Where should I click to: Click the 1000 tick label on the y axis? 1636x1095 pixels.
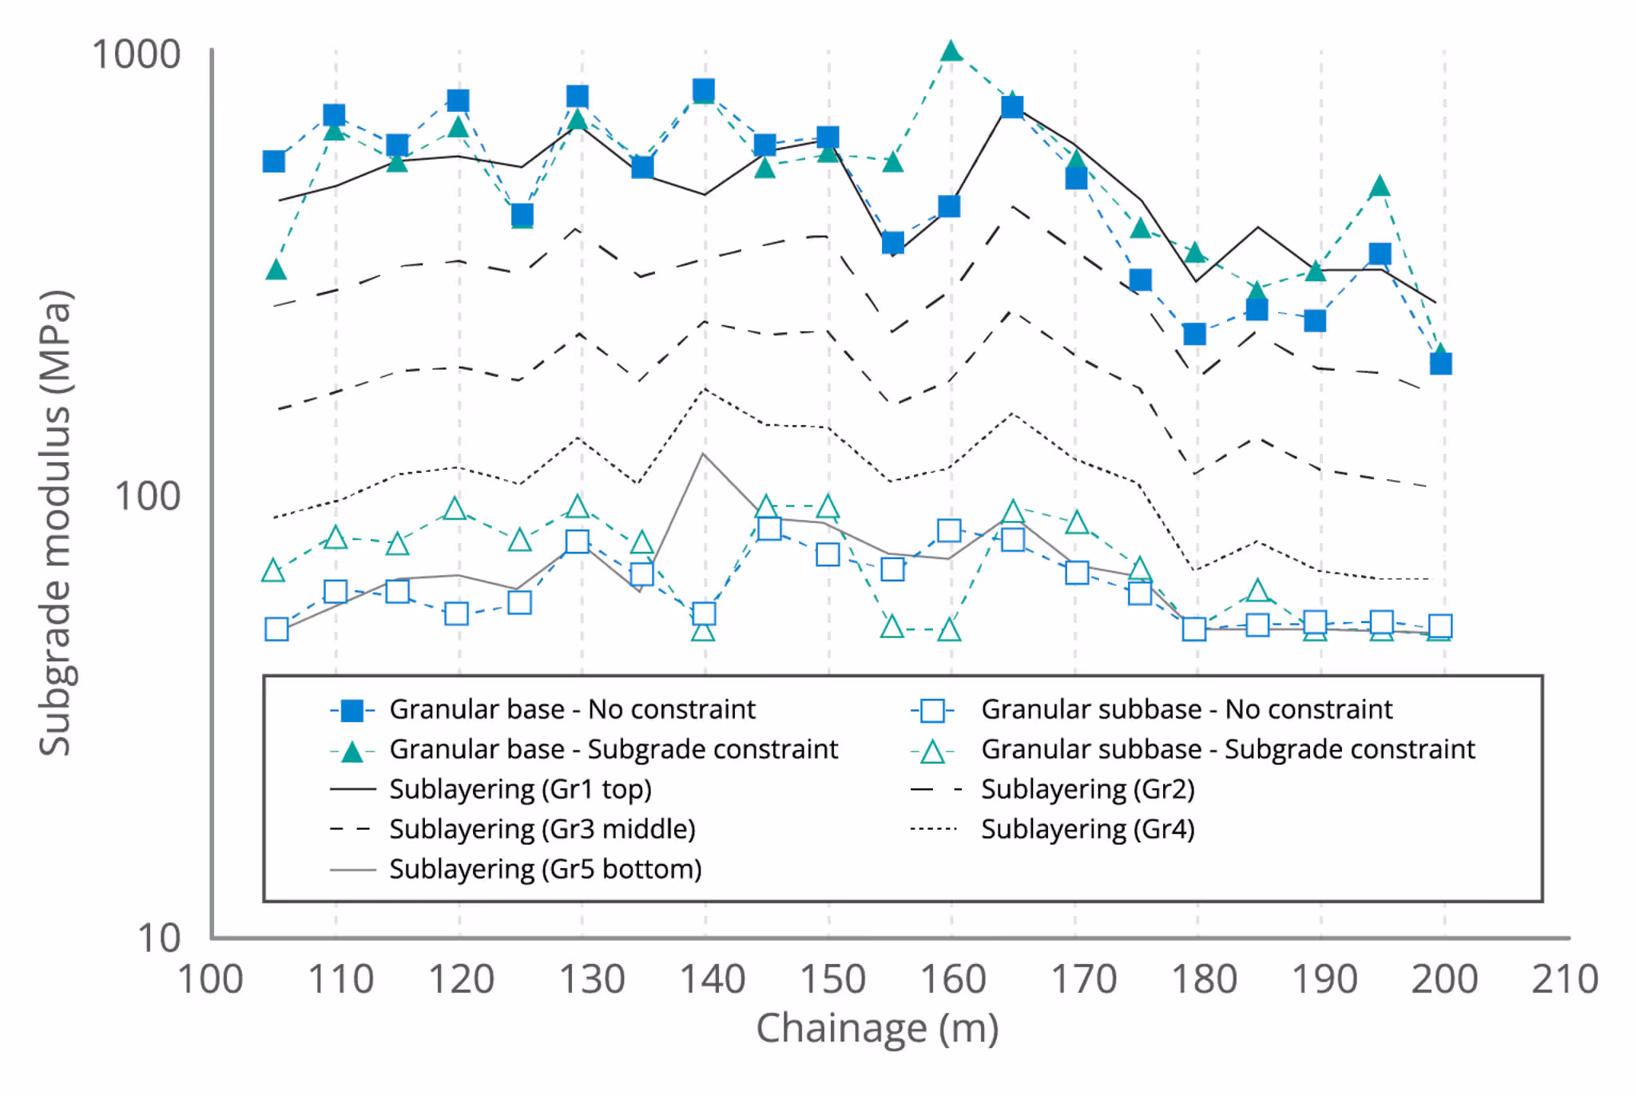point(137,55)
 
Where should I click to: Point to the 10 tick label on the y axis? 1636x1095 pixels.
point(159,938)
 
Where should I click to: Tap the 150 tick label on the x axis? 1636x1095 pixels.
point(832,979)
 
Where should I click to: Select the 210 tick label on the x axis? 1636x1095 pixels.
point(1565,979)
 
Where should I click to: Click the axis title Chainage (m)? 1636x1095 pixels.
point(877,1029)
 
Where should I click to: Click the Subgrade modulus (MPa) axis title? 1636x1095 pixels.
point(56,523)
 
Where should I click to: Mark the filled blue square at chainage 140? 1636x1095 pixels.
point(704,90)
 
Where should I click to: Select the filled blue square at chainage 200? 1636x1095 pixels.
point(1441,364)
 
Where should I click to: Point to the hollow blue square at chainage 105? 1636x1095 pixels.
point(276,629)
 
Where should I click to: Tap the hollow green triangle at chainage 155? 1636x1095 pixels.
point(892,627)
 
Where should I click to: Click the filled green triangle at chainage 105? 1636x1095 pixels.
point(276,270)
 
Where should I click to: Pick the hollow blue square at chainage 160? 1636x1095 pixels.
point(949,530)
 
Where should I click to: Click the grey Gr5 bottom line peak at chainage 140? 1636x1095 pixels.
point(703,454)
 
